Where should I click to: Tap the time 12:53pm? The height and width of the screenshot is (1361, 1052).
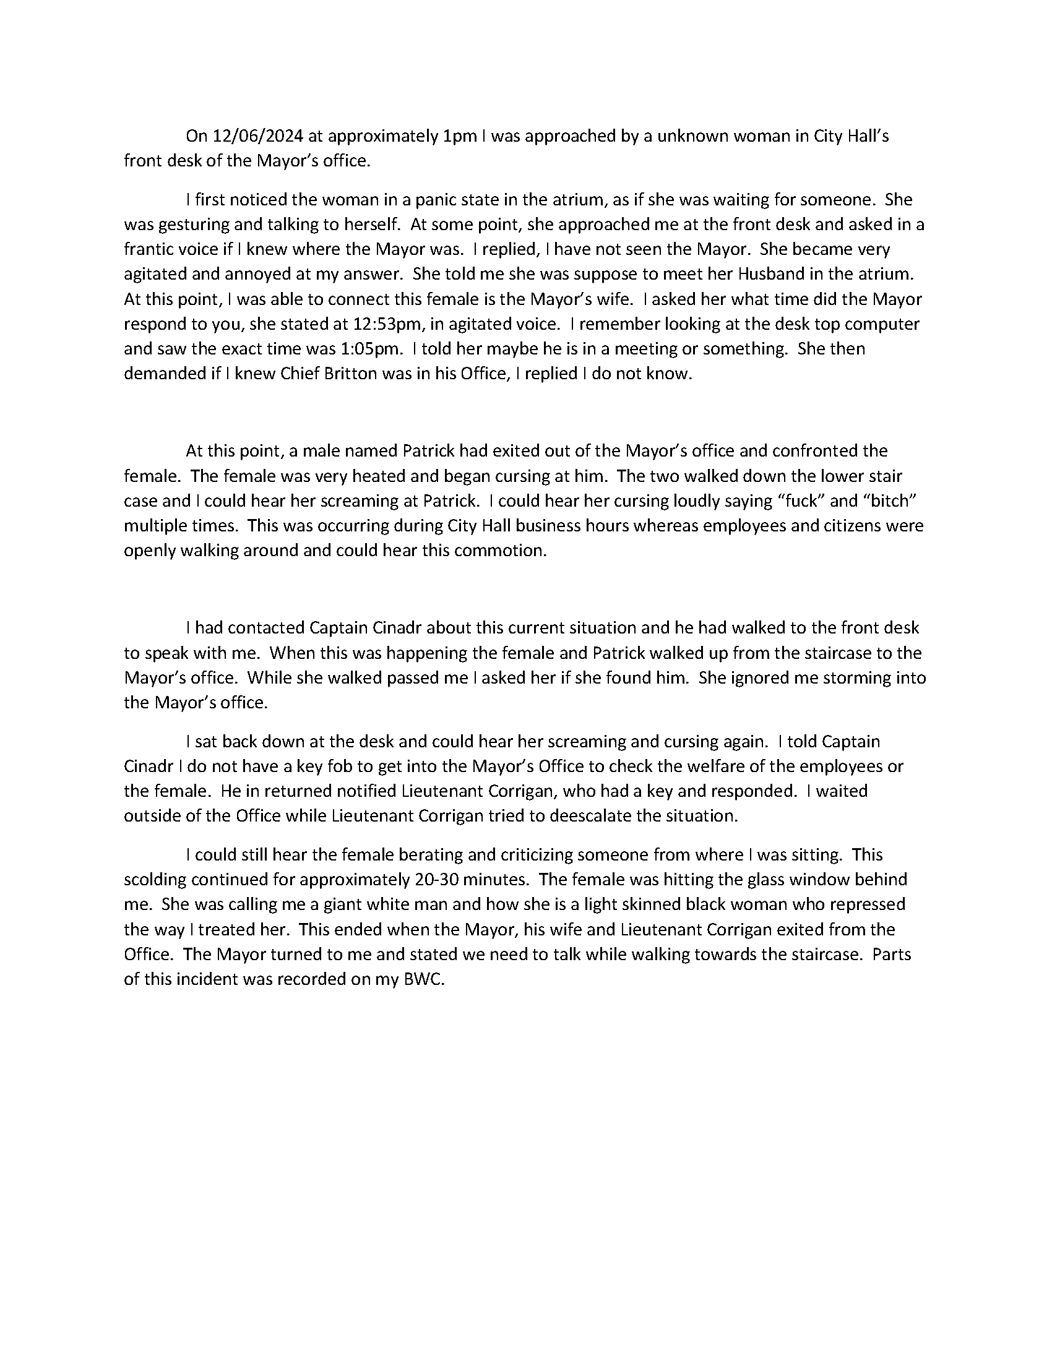(x=388, y=324)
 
